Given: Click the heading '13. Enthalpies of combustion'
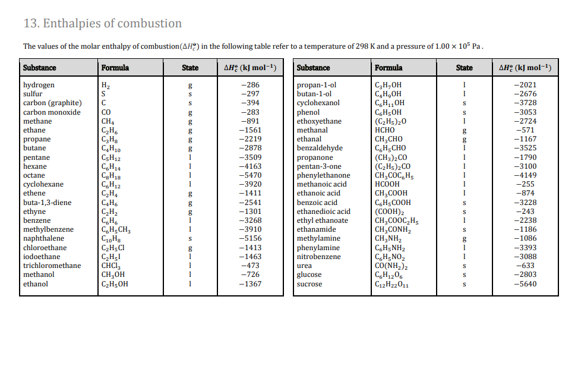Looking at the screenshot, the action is [102, 24].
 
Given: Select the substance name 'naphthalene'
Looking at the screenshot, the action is [43, 238].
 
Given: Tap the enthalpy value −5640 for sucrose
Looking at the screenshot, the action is [525, 284].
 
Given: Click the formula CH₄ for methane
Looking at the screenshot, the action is [108, 121].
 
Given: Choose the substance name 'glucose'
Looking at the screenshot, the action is [309, 274].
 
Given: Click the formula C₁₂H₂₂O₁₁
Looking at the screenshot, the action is [393, 284].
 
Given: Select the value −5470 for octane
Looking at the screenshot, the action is [249, 175].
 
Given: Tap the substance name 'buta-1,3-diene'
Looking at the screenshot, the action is [47, 203].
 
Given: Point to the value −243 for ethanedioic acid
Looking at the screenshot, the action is [526, 212].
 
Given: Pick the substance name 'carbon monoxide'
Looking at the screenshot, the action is [52, 112].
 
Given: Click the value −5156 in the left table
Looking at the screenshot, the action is [249, 238].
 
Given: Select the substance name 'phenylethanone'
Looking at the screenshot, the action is [323, 175].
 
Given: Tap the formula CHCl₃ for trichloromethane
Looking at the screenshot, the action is [110, 266].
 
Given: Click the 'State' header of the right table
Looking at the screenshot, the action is [464, 68].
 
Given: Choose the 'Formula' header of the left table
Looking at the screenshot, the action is [115, 68].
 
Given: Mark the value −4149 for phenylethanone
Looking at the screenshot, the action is [525, 175].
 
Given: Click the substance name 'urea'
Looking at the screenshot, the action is [304, 266].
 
